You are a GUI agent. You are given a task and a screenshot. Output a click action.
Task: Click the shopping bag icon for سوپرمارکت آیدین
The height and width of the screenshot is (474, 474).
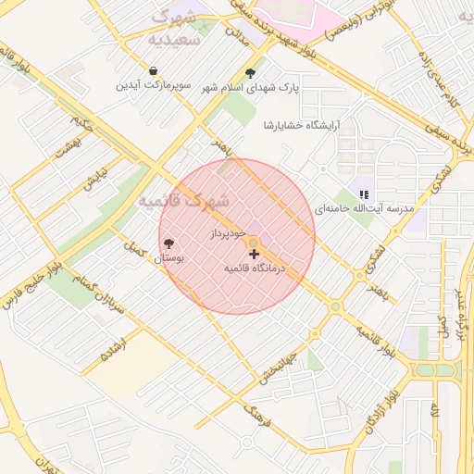[153, 71]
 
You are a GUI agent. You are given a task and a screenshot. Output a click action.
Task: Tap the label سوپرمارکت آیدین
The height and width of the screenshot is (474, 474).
[153, 85]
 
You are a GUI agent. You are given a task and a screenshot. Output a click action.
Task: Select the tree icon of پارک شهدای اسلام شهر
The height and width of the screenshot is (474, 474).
[250, 73]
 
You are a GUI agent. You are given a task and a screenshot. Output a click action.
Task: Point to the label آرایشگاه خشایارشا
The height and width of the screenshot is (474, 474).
[302, 124]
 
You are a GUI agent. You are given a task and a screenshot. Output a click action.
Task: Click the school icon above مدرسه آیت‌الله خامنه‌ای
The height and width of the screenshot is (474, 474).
[364, 194]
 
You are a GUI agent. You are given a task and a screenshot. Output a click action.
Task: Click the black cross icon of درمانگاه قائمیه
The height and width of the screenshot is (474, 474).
[254, 253]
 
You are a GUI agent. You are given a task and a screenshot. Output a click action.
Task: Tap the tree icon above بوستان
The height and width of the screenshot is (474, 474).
[168, 244]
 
